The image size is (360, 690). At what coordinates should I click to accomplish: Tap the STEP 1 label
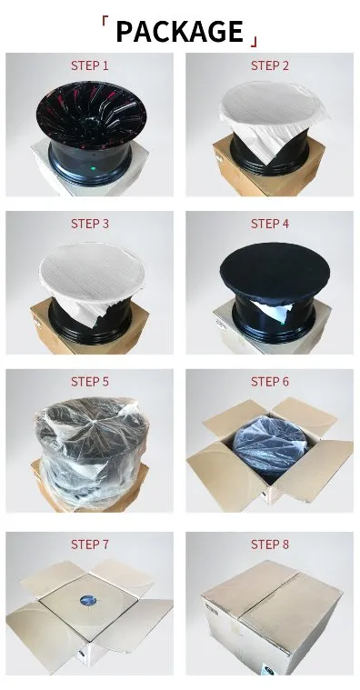tap(90, 65)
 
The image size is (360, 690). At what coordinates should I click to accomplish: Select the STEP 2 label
tap(270, 65)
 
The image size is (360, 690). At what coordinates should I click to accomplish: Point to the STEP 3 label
tap(90, 224)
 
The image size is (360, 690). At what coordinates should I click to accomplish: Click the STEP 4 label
tap(270, 224)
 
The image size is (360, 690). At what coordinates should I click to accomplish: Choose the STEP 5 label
tap(90, 381)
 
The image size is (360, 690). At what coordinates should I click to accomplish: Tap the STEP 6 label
tap(270, 381)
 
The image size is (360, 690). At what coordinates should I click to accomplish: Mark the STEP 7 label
tap(90, 544)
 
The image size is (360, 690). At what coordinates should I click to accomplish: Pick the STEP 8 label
tap(270, 544)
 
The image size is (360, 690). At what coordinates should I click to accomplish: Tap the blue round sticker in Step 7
tap(88, 601)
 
